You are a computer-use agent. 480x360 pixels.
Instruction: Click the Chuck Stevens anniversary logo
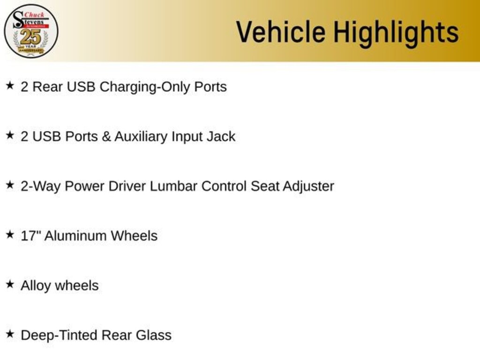(x=31, y=31)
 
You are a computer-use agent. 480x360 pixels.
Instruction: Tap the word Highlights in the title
(x=396, y=33)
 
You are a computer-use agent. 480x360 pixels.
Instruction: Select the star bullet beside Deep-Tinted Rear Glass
(x=10, y=334)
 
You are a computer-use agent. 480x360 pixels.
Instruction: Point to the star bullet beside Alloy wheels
(x=10, y=285)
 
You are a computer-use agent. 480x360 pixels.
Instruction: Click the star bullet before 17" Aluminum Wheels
(x=10, y=234)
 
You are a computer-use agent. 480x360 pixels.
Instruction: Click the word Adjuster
(x=308, y=187)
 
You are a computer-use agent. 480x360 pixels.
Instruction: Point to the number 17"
(x=30, y=235)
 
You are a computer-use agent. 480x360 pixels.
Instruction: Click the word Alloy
(x=36, y=286)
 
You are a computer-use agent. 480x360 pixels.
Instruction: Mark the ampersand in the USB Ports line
(x=106, y=137)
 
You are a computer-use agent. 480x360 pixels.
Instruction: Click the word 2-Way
(x=40, y=187)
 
